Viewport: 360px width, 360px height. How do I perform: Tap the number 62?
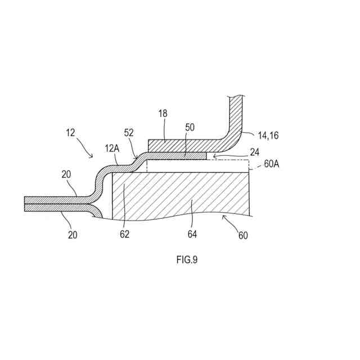tap(124, 233)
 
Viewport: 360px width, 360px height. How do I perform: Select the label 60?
tap(243, 236)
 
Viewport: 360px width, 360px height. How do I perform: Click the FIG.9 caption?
tap(187, 259)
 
